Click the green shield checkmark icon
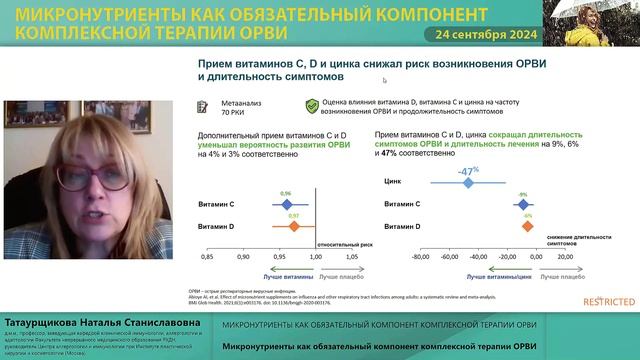(312, 104)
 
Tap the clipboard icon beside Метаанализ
(201, 105)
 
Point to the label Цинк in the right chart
(393, 182)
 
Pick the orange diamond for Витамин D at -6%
(527, 227)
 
